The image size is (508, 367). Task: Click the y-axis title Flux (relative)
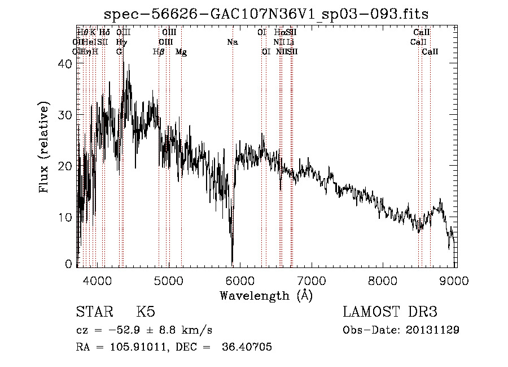click(45, 146)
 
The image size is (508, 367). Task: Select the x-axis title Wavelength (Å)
click(266, 295)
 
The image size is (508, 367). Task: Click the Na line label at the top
click(233, 42)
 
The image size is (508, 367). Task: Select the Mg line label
click(181, 52)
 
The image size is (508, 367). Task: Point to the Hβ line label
click(159, 52)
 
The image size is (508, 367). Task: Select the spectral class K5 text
click(146, 312)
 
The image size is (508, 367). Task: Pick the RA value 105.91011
click(136, 347)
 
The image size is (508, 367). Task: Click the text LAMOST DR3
click(390, 312)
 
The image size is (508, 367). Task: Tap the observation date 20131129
click(432, 330)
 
